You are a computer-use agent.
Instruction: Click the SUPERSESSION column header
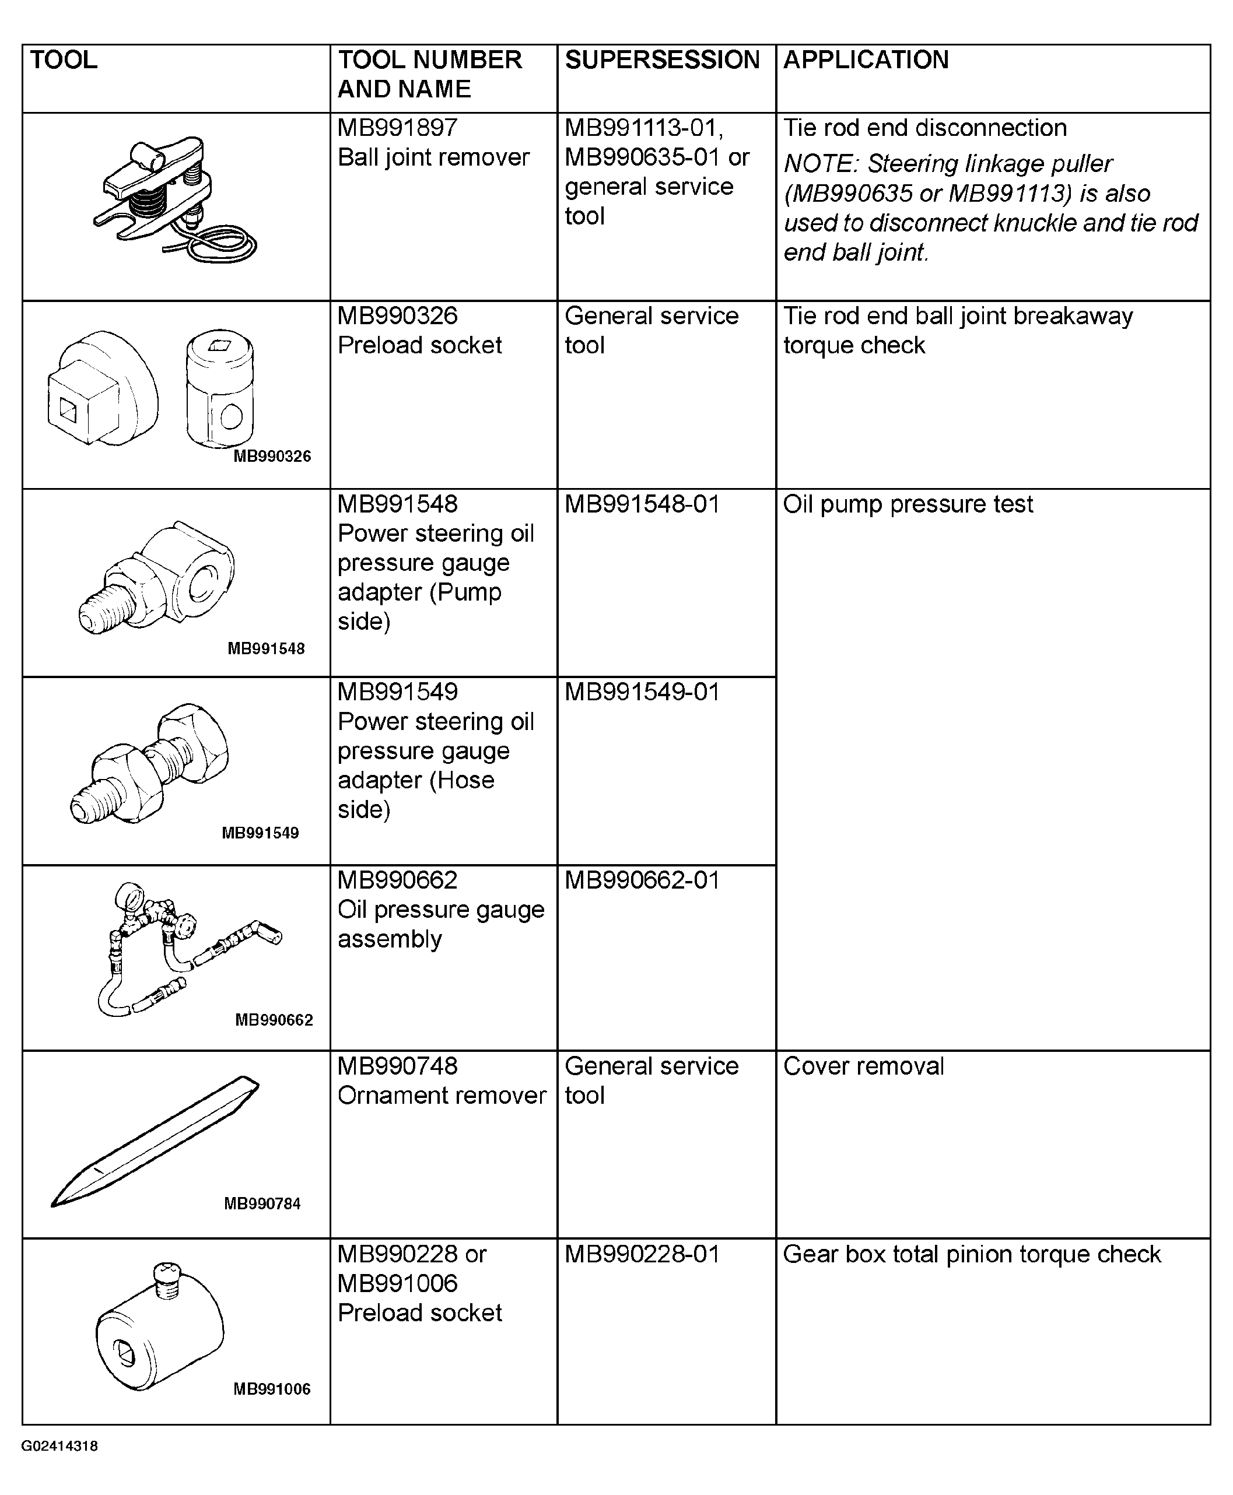tap(661, 59)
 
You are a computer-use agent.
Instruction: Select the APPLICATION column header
tap(865, 59)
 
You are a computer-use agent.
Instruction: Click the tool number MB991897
tap(397, 128)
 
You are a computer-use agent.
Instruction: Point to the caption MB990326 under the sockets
tap(272, 457)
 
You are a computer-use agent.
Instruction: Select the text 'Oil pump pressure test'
tap(907, 504)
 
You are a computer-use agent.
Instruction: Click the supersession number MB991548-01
tap(642, 504)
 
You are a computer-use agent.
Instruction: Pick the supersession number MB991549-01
tap(642, 692)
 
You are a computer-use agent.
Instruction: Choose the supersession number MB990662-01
tap(642, 880)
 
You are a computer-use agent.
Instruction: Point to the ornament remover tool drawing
tap(155, 1142)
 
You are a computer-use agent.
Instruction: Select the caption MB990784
tap(262, 1204)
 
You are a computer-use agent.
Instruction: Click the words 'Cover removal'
tap(863, 1066)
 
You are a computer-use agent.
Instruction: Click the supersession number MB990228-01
tap(642, 1254)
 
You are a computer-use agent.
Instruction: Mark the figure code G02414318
tap(59, 1446)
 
